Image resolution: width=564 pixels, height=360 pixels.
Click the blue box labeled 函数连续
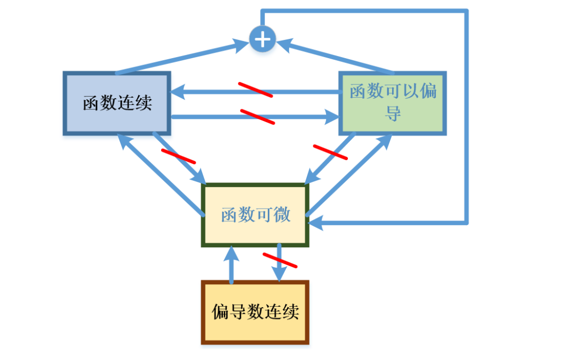point(117,102)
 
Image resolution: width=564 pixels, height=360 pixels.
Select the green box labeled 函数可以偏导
point(393,102)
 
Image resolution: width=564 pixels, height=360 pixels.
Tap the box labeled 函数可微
point(256,215)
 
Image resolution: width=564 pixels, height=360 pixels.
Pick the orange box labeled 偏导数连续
point(256,313)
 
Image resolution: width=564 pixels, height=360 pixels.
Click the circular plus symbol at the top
point(263,39)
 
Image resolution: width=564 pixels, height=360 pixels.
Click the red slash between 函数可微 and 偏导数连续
point(280,260)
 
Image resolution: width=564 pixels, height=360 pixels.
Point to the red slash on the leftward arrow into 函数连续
point(255,90)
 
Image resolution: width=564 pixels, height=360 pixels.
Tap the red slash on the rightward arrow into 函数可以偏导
point(257,117)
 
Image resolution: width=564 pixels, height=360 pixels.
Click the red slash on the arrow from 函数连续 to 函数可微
point(178,156)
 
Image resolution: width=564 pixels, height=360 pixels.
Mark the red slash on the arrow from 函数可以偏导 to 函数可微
point(330,152)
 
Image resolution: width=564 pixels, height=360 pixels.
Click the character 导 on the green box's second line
point(393,113)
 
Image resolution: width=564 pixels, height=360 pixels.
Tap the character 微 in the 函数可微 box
point(282,215)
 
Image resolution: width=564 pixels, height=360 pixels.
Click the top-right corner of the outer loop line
point(466,11)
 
